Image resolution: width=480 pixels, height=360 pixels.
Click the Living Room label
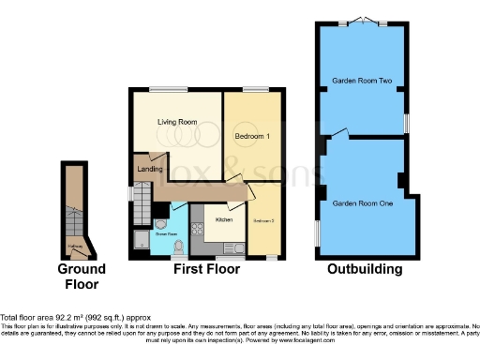coord(176,122)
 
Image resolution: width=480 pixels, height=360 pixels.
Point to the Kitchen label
coord(224,220)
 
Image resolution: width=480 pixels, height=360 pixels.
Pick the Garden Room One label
coord(362,203)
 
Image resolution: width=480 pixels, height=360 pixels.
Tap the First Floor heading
coord(207,270)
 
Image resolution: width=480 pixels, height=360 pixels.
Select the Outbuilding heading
coord(365,270)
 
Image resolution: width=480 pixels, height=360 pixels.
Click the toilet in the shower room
coord(178,245)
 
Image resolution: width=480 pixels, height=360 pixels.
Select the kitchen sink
coord(234,248)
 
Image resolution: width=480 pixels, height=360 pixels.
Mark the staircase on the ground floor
coord(74,211)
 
